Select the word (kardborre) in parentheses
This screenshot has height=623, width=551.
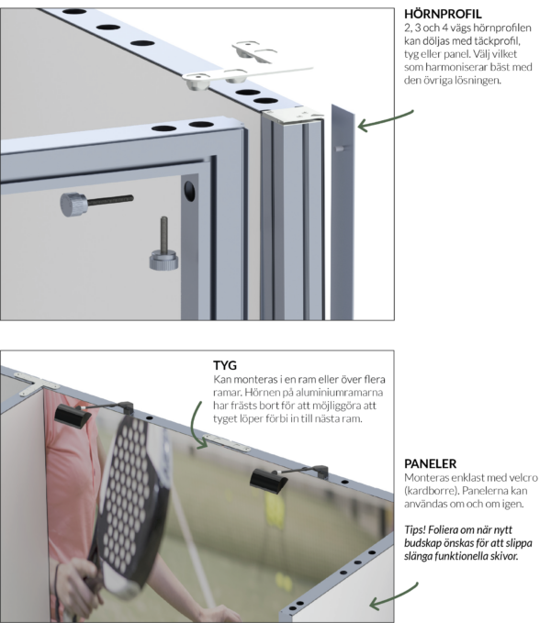(x=434, y=493)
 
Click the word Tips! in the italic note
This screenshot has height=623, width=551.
(x=419, y=528)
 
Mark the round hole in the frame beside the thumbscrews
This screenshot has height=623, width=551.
(x=189, y=191)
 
